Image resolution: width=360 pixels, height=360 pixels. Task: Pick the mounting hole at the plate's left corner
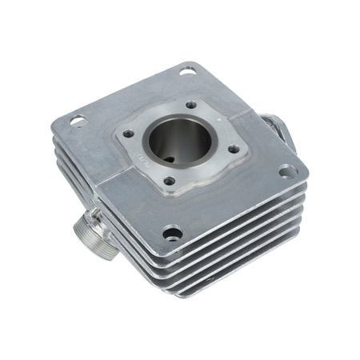point(78,121)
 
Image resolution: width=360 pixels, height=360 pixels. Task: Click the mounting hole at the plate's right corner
point(285,170)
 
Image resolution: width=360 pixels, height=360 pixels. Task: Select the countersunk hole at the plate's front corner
point(172,233)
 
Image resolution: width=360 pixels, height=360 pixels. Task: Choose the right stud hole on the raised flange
point(233,148)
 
